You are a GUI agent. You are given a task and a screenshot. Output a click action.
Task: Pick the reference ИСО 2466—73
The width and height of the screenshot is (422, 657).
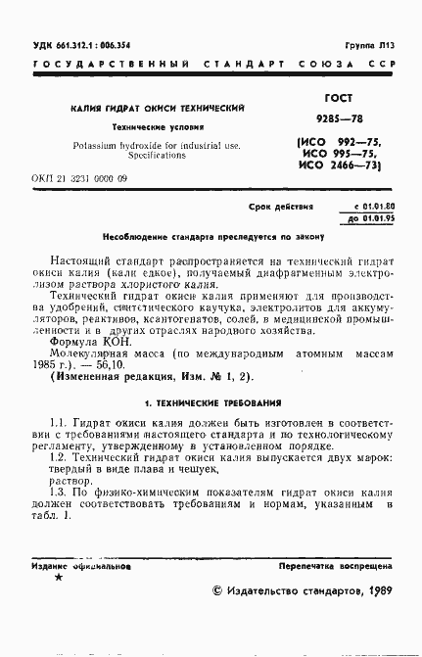point(343,167)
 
